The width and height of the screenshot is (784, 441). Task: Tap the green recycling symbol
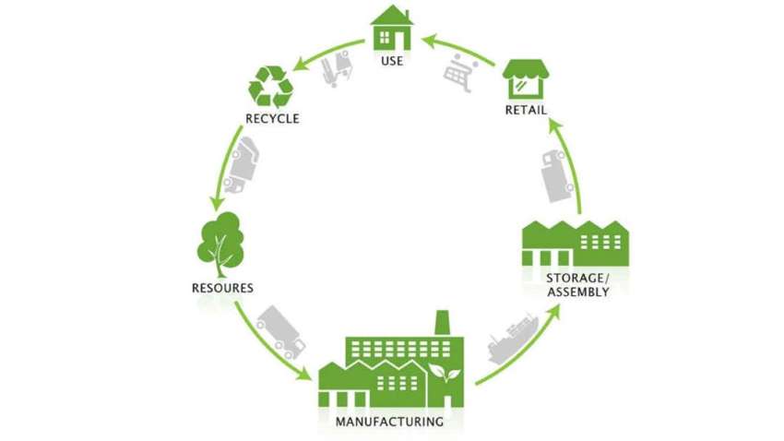pyautogui.click(x=271, y=88)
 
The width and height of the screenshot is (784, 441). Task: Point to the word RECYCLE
pyautogui.click(x=272, y=118)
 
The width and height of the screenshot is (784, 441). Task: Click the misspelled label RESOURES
pyautogui.click(x=221, y=288)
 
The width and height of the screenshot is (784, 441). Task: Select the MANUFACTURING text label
pyautogui.click(x=390, y=423)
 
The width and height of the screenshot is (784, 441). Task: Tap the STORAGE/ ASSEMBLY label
pyautogui.click(x=577, y=285)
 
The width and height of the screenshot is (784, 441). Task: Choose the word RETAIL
pyautogui.click(x=526, y=111)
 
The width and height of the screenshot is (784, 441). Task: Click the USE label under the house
pyautogui.click(x=391, y=63)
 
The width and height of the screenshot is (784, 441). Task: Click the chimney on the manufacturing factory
pyautogui.click(x=441, y=324)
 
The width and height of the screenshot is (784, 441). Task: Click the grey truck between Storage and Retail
pyautogui.click(x=556, y=174)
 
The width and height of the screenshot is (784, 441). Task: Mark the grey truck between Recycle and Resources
pyautogui.click(x=241, y=166)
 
